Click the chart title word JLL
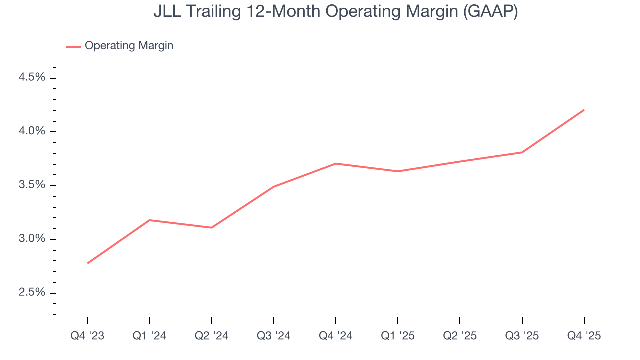click(x=166, y=12)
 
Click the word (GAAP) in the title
click(x=490, y=12)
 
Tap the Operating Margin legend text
click(x=129, y=46)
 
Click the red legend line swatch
click(x=73, y=46)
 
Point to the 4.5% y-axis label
click(x=32, y=78)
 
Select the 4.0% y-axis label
click(x=32, y=131)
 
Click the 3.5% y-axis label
click(x=32, y=185)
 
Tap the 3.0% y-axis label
click(x=32, y=239)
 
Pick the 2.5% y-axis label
click(x=32, y=292)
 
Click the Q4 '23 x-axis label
click(x=87, y=336)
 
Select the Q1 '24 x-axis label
click(x=149, y=336)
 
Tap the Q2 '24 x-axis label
click(x=211, y=336)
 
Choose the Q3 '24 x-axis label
click(x=274, y=336)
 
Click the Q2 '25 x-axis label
click(x=460, y=336)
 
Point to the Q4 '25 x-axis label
click(x=584, y=336)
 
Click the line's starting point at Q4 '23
click(x=88, y=263)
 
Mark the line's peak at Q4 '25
click(x=584, y=110)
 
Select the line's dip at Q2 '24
click(x=212, y=228)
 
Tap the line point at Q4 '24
click(x=336, y=163)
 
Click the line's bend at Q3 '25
click(x=522, y=152)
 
